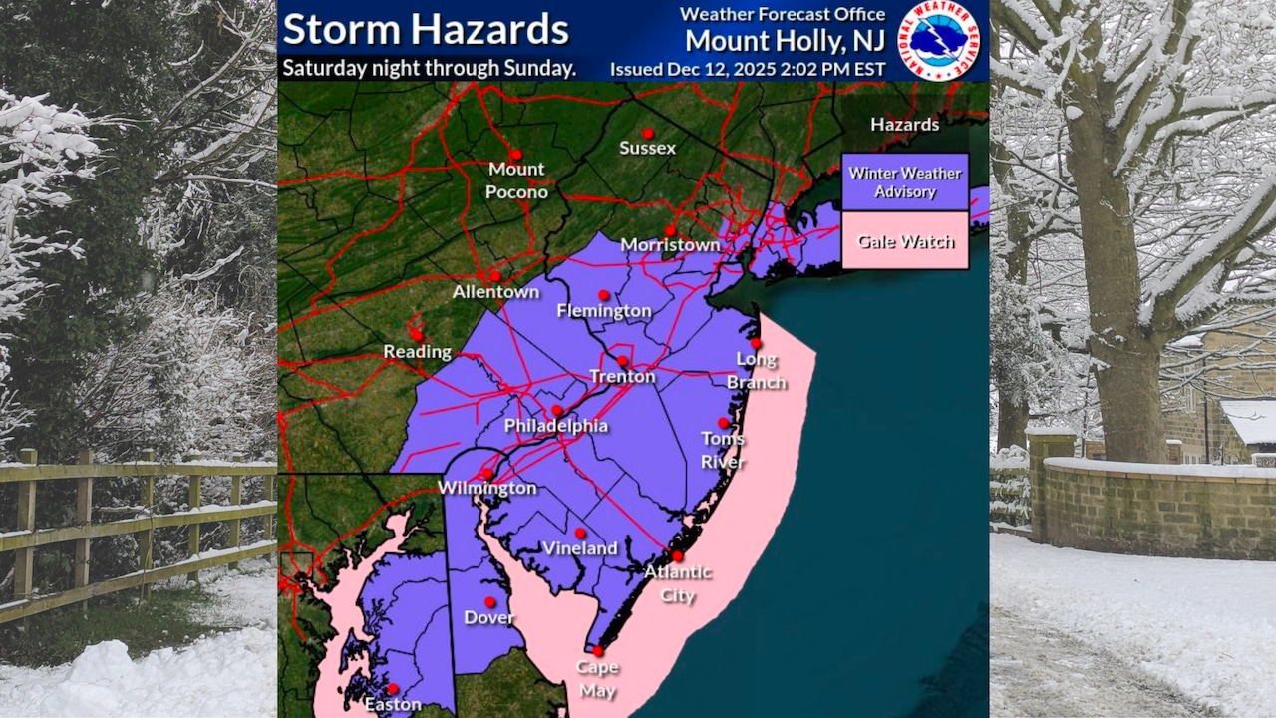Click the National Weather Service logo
pyautogui.click(x=939, y=40)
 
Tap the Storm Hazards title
pyautogui.click(x=426, y=29)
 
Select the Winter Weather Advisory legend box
pyautogui.click(x=904, y=181)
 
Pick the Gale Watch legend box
pyautogui.click(x=904, y=241)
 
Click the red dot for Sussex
pyautogui.click(x=647, y=133)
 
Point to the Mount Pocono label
pyautogui.click(x=516, y=180)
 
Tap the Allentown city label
pyautogui.click(x=495, y=292)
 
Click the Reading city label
pyautogui.click(x=418, y=352)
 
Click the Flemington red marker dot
pyautogui.click(x=603, y=295)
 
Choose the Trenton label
pyautogui.click(x=622, y=377)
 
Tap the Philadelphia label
pyautogui.click(x=555, y=426)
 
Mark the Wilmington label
pyautogui.click(x=487, y=488)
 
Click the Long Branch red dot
pyautogui.click(x=756, y=343)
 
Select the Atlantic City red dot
pyautogui.click(x=677, y=556)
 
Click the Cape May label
pyautogui.click(x=598, y=679)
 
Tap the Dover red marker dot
pyautogui.click(x=489, y=601)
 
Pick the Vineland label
pyautogui.click(x=580, y=548)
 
